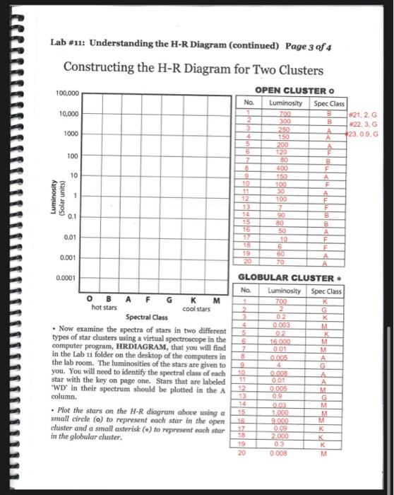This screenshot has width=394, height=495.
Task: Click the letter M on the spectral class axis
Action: (x=217, y=299)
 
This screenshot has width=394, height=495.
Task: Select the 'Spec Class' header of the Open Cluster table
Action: (x=327, y=103)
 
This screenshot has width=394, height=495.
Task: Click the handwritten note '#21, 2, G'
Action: (x=364, y=114)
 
